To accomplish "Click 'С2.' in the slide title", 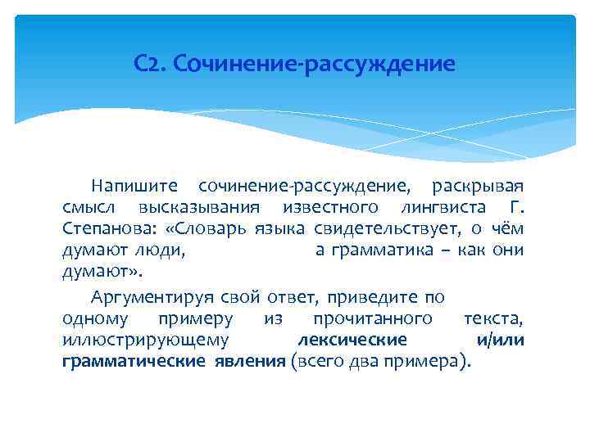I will [150, 63].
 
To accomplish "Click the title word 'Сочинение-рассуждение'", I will [314, 63].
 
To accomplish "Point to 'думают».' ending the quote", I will [97, 272].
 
